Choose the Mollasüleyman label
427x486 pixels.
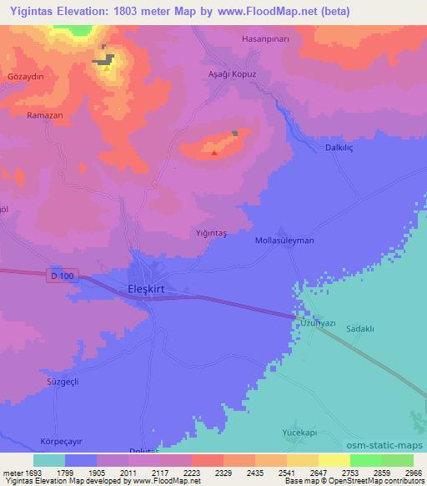tap(284, 240)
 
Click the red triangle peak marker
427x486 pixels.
tap(215, 152)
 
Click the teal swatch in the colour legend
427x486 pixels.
tap(48, 460)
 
